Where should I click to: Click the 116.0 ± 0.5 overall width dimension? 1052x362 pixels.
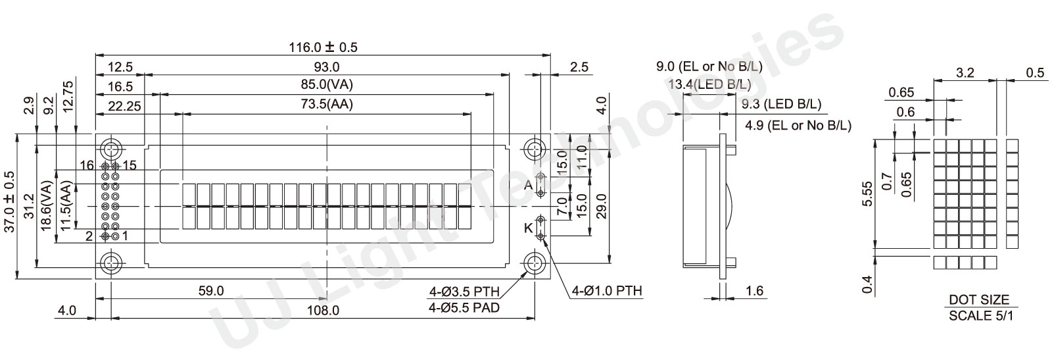pyautogui.click(x=323, y=47)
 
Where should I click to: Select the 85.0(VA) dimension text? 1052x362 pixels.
pyautogui.click(x=327, y=85)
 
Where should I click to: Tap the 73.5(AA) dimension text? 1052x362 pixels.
pyautogui.click(x=327, y=104)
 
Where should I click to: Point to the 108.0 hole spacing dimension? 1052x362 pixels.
pyautogui.click(x=323, y=310)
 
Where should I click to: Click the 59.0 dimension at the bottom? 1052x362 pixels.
pyautogui.click(x=211, y=290)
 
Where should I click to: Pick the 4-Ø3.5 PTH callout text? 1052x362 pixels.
pyautogui.click(x=464, y=292)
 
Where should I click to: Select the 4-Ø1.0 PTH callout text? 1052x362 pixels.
pyautogui.click(x=606, y=290)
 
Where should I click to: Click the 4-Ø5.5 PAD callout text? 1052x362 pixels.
pyautogui.click(x=464, y=308)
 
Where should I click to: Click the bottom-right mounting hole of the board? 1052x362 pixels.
pyautogui.click(x=535, y=264)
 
